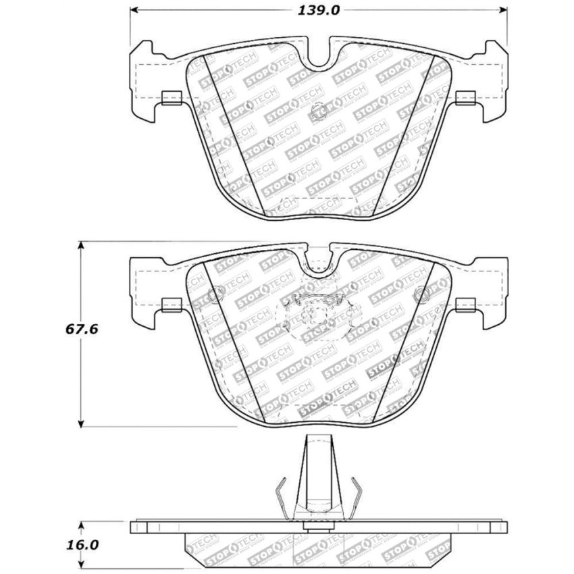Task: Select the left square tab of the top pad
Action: [171, 99]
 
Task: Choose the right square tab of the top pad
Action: [465, 99]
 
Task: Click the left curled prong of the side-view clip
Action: [282, 493]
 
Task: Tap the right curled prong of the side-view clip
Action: [355, 493]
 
